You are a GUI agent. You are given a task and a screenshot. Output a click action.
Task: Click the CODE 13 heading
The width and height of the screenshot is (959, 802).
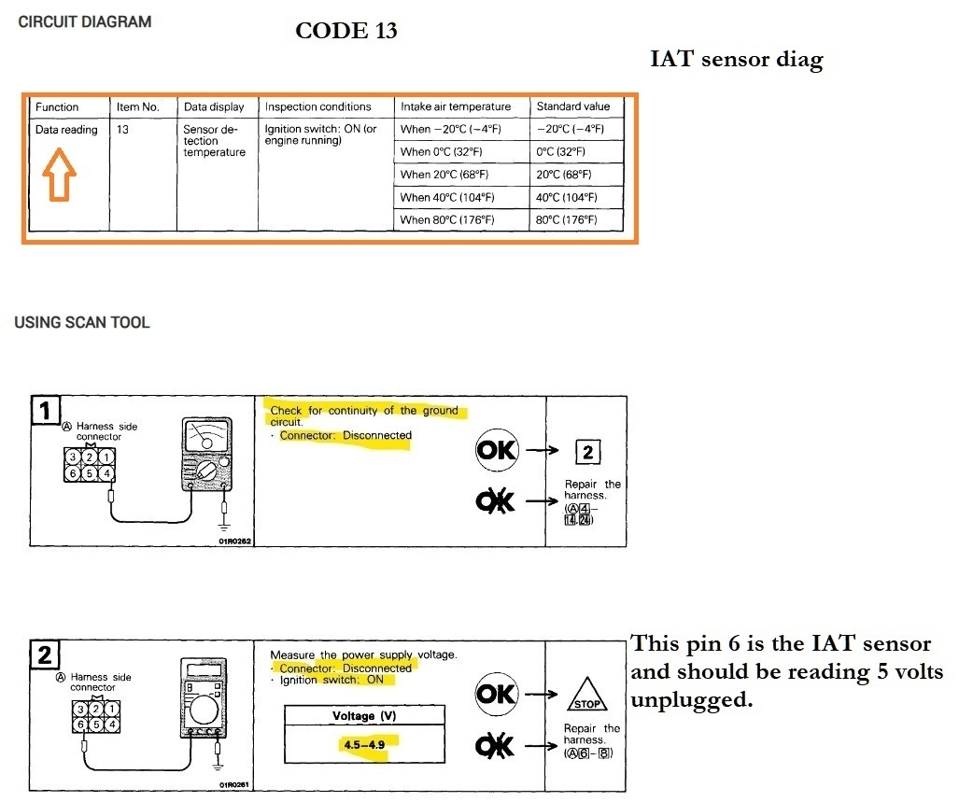point(346,31)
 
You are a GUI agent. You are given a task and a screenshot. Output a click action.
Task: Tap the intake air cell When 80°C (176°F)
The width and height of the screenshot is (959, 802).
point(447,220)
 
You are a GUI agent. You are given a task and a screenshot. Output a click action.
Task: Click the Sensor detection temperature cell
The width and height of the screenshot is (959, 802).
point(214,141)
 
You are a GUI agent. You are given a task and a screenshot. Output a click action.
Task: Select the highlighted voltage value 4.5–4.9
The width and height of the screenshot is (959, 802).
point(364,744)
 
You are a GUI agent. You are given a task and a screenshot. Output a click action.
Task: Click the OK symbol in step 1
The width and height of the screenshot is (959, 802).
point(496,450)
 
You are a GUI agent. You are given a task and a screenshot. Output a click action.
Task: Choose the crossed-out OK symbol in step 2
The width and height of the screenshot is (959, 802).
point(495,745)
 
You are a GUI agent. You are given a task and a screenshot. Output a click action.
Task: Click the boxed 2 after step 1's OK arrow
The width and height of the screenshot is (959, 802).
point(586,454)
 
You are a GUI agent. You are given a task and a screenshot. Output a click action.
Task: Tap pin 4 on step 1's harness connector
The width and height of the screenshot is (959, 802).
point(109,473)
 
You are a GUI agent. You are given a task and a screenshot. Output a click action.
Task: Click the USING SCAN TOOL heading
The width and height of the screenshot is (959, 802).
point(82,323)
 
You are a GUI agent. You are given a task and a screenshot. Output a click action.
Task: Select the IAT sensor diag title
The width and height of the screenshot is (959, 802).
point(737,61)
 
